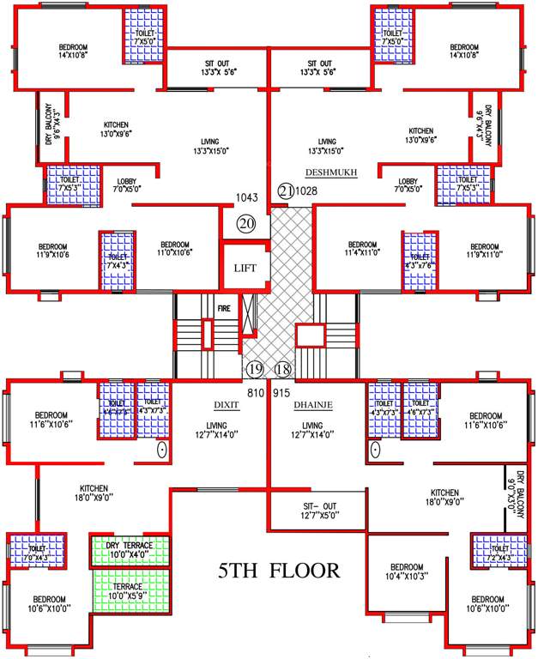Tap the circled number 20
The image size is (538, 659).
tap(247, 224)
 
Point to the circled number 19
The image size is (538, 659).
tap(254, 370)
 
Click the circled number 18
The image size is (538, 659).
tap(282, 370)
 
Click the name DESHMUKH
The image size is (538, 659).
tap(331, 172)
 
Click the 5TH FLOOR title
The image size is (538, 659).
tap(278, 570)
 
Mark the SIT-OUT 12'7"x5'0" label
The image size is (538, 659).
tap(318, 510)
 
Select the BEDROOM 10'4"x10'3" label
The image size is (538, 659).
tap(406, 572)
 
